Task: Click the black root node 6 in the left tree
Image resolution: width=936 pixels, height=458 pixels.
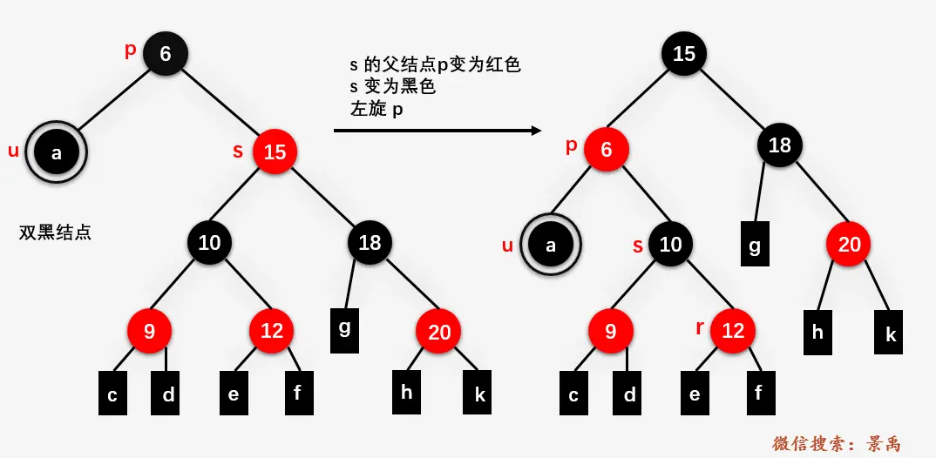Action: tap(166, 53)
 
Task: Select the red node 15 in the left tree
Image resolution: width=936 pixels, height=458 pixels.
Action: tap(275, 152)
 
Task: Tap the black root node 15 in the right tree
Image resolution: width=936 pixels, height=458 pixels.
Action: tap(684, 54)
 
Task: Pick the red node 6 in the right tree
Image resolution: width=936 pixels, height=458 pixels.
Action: tap(607, 150)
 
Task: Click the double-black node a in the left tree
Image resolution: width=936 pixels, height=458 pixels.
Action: tap(57, 153)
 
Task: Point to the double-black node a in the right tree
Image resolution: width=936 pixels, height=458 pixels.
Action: tap(550, 245)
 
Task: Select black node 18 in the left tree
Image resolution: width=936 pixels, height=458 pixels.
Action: tap(370, 242)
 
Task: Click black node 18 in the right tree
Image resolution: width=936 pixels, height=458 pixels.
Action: tap(779, 145)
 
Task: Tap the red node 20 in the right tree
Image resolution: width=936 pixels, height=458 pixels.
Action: tap(849, 245)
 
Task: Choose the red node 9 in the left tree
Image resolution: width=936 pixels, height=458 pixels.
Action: tap(149, 331)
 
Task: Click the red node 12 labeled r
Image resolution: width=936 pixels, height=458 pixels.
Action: tap(733, 331)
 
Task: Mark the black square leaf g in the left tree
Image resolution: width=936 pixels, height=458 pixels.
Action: tap(345, 329)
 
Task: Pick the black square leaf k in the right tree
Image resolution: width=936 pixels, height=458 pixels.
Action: tap(891, 333)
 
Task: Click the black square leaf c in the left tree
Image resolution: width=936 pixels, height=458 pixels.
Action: tap(112, 394)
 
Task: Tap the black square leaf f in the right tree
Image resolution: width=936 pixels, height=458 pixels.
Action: tap(758, 393)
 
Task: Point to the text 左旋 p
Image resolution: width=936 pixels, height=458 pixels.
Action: tap(380, 111)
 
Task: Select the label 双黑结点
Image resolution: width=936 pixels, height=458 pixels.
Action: tap(56, 232)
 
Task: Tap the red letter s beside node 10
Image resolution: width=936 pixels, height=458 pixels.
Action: tap(637, 246)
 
